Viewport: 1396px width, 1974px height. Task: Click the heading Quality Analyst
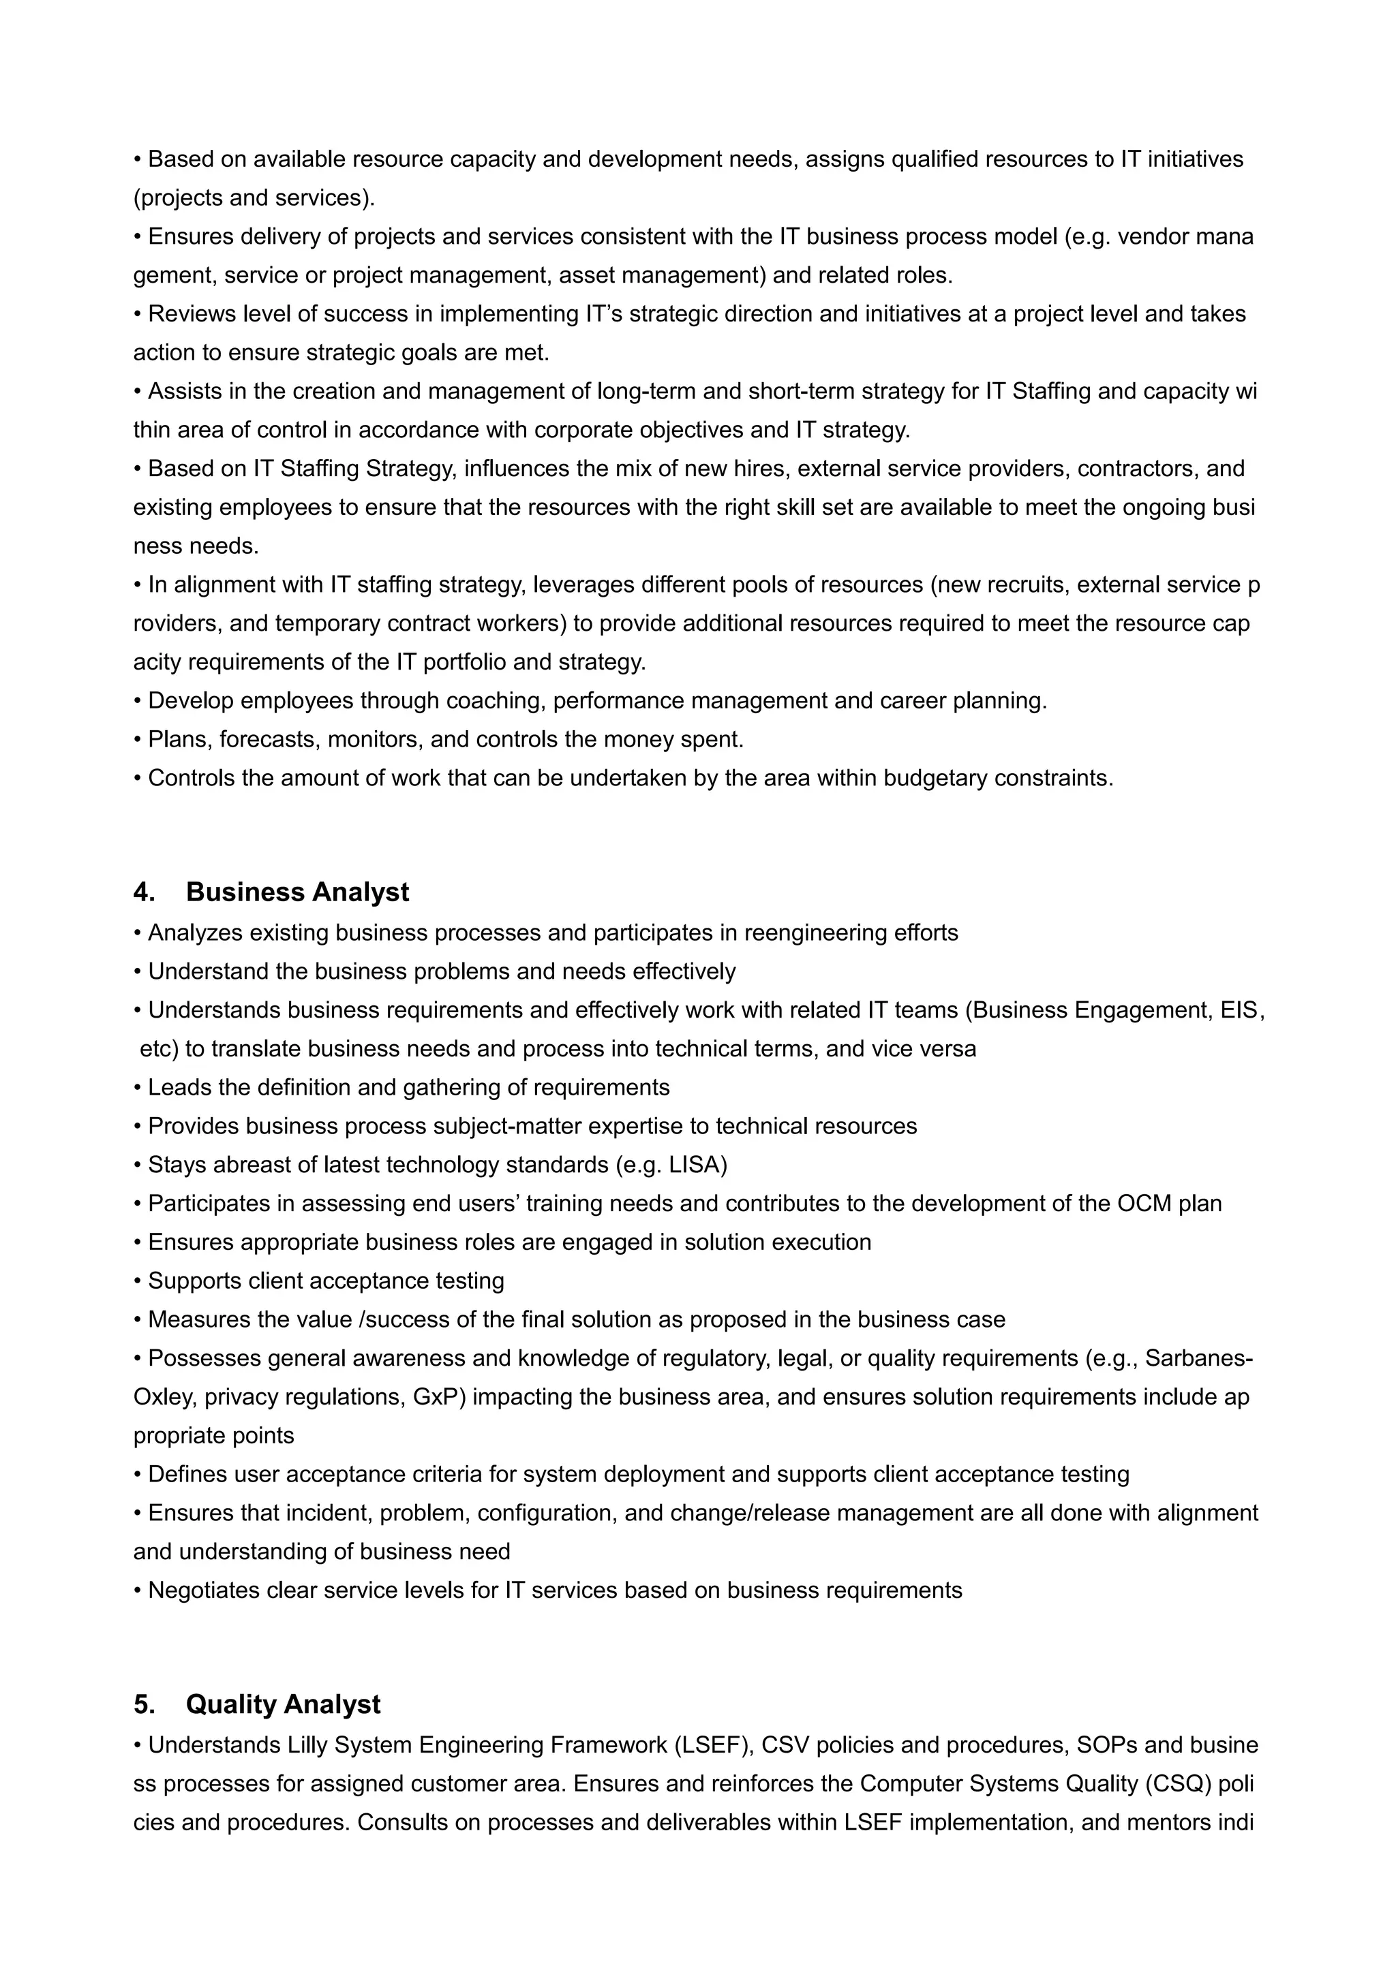click(x=283, y=1704)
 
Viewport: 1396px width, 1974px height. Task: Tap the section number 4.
click(x=144, y=892)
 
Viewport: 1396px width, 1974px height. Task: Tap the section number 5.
click(x=144, y=1704)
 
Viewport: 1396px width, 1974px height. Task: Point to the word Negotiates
click(x=203, y=1591)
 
